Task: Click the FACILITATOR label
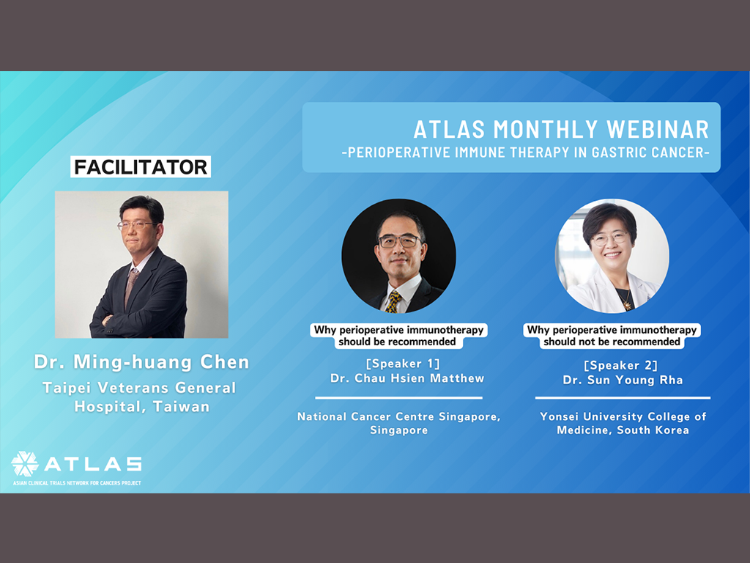click(x=141, y=167)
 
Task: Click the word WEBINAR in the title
click(x=658, y=129)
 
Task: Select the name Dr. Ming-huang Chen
click(x=141, y=362)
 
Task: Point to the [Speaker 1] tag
click(x=403, y=364)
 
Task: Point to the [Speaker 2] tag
click(x=621, y=365)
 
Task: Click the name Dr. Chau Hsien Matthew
click(x=407, y=378)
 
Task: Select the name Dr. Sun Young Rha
click(x=623, y=380)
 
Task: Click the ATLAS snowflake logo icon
click(x=24, y=463)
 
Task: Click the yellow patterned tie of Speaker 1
click(x=393, y=301)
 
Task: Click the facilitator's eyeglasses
click(x=136, y=225)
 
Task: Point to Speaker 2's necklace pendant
click(x=626, y=304)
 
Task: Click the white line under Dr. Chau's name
click(x=398, y=398)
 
